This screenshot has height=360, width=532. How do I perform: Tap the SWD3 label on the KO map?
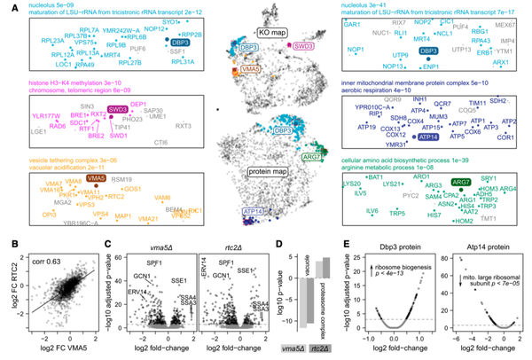(303, 43)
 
